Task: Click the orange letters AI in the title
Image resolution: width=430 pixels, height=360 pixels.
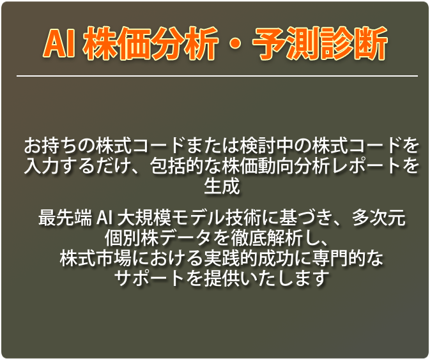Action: pos(59,43)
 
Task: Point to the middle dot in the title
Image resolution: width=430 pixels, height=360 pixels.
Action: pos(235,44)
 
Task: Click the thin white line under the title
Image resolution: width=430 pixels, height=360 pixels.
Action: pos(217,75)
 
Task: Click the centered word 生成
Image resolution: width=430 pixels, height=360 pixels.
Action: pos(222,186)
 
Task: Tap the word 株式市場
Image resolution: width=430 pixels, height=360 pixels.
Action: pos(96,258)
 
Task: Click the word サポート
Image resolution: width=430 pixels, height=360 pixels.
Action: pos(150,278)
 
